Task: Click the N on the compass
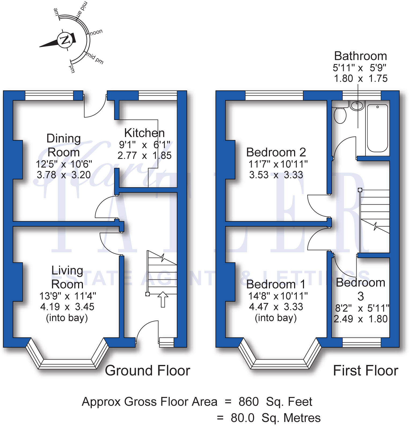[65, 40]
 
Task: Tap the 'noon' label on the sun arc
[96, 32]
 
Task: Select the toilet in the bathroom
[340, 115]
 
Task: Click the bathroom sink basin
[357, 106]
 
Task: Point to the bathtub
[377, 129]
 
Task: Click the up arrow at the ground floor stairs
[163, 299]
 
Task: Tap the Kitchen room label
[144, 133]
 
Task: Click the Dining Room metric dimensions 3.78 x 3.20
[64, 175]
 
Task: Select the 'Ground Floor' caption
[147, 371]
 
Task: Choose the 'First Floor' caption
[365, 371]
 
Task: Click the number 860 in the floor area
[248, 402]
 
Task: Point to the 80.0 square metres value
[242, 418]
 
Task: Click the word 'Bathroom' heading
[360, 56]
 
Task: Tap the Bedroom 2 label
[276, 152]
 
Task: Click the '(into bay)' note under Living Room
[67, 318]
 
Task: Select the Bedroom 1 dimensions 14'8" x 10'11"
[278, 296]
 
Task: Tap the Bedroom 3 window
[361, 342]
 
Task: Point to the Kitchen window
[158, 95]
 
